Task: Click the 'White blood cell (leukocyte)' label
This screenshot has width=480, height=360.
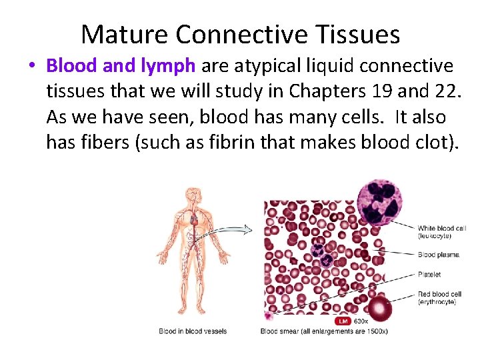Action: tap(441, 232)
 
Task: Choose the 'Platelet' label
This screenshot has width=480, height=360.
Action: tap(429, 274)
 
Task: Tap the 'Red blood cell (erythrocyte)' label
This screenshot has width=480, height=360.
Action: tap(439, 298)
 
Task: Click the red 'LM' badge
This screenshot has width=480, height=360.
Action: tap(343, 321)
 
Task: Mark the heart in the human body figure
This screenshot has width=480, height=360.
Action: tap(194, 218)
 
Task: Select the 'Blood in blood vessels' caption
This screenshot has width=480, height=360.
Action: tap(192, 331)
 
